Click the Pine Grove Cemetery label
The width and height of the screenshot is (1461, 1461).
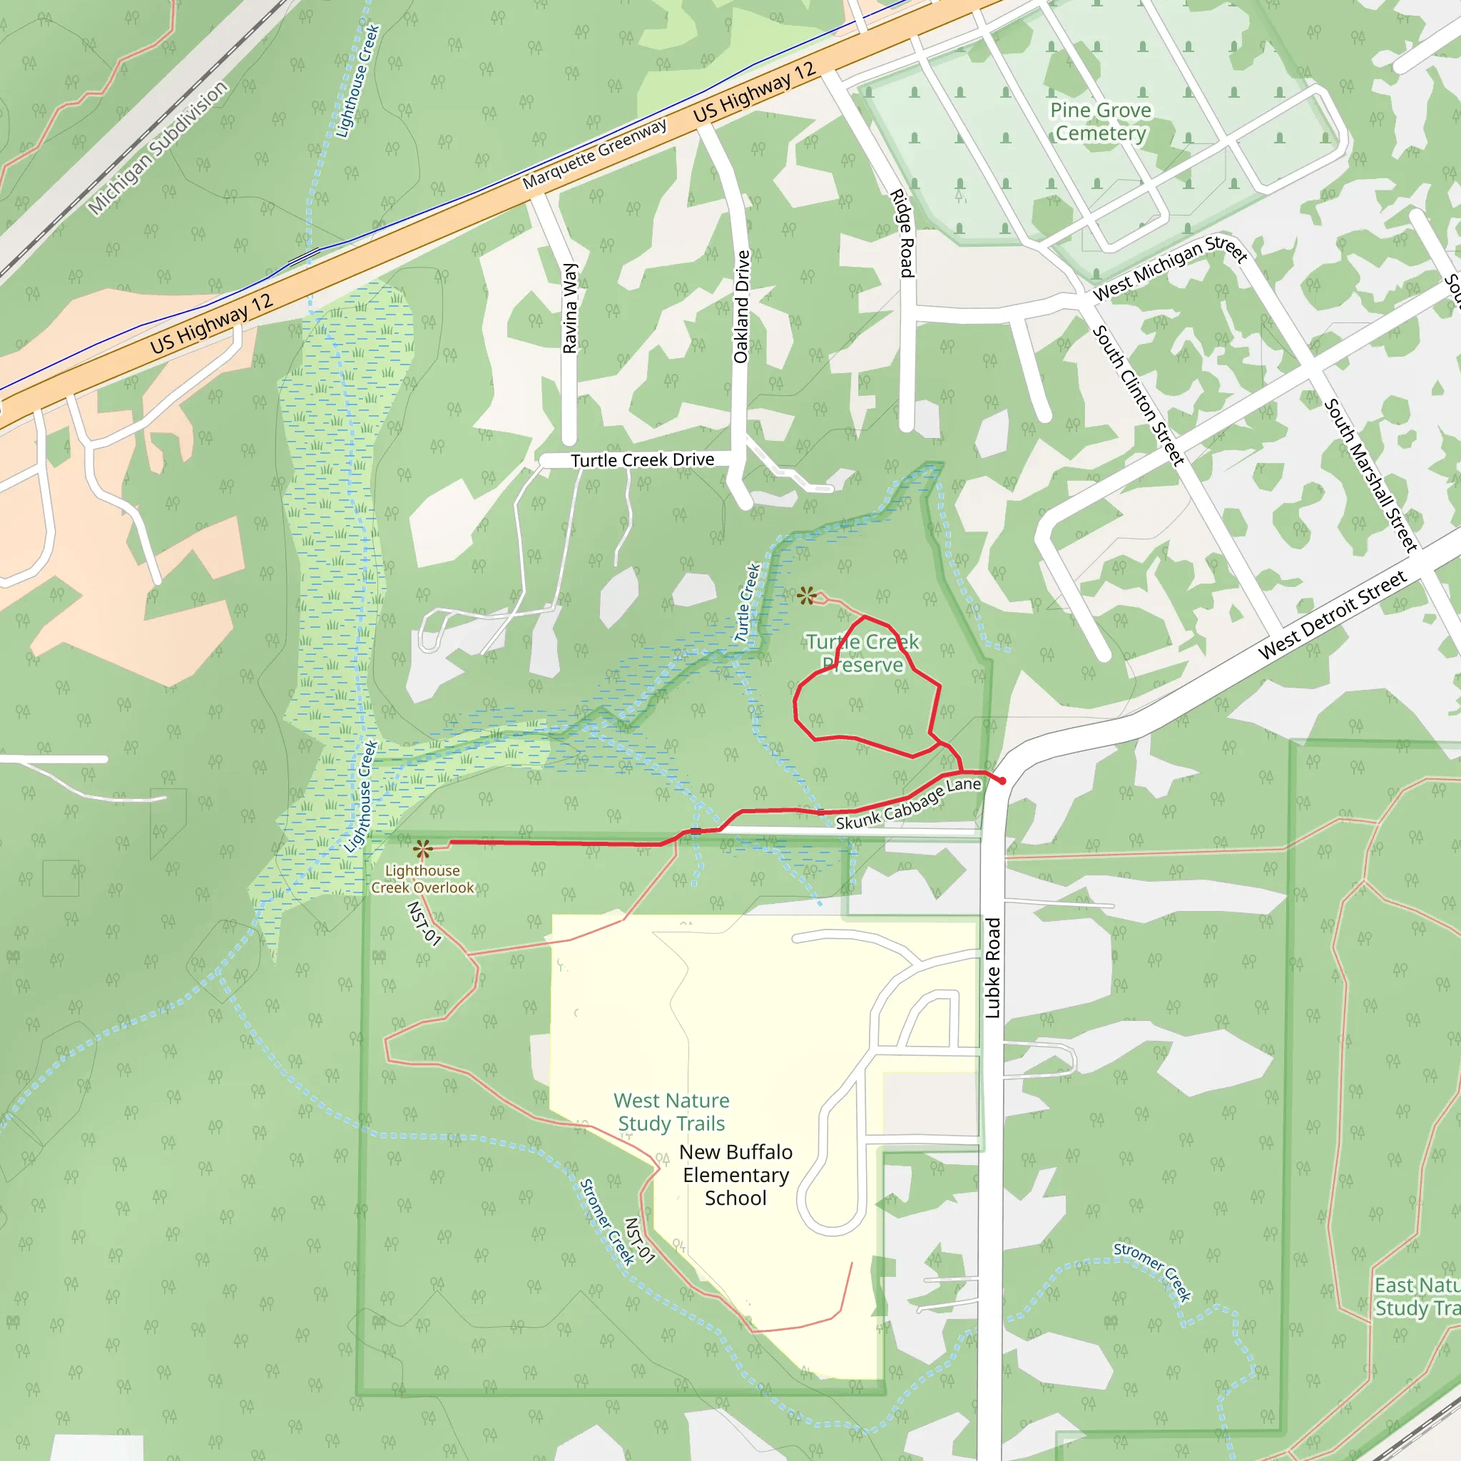[1100, 122]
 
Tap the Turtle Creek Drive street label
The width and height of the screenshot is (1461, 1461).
[642, 460]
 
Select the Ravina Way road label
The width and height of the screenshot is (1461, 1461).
[570, 307]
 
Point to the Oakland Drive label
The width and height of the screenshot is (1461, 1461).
[742, 306]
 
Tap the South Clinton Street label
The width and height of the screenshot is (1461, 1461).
[1138, 394]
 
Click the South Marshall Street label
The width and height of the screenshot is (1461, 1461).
[1370, 474]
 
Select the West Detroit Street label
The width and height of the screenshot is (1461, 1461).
[1333, 615]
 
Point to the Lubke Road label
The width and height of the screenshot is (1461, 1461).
[993, 968]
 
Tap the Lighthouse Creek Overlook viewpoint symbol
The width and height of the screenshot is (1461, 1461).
[423, 848]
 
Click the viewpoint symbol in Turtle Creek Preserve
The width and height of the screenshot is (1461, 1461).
[806, 596]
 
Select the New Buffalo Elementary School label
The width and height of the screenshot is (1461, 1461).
[735, 1174]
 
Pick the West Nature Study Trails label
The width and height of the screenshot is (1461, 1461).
[671, 1111]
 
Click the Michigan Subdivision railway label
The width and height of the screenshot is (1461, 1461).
[157, 148]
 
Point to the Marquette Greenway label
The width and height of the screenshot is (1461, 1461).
[594, 154]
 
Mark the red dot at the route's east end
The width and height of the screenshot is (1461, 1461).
[1003, 781]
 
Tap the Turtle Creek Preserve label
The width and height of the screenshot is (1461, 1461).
[863, 653]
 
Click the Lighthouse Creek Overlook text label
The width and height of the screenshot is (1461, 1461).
[422, 879]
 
